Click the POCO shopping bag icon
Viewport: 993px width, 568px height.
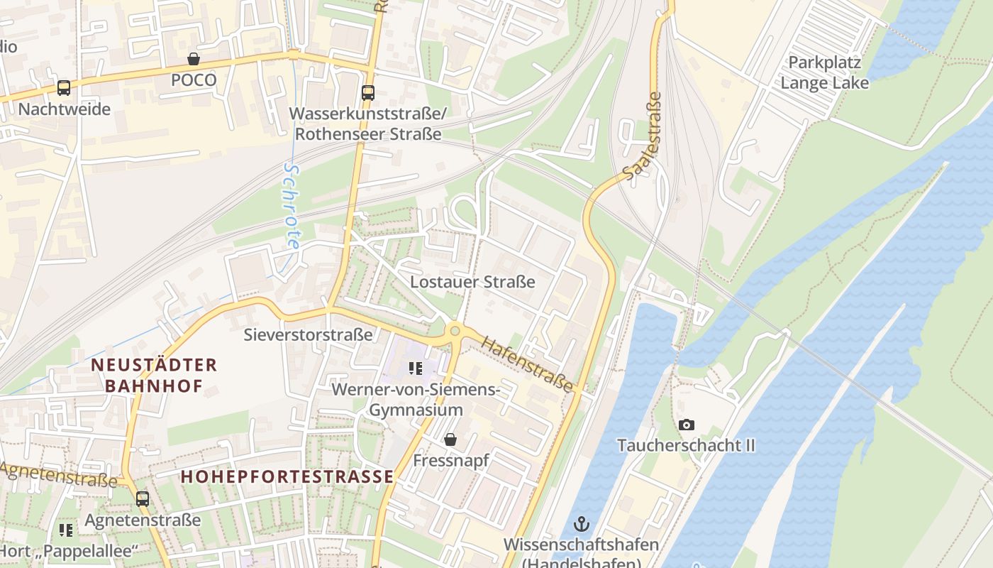click(x=193, y=59)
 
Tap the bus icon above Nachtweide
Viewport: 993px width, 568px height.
click(x=64, y=88)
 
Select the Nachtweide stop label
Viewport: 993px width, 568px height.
click(x=64, y=109)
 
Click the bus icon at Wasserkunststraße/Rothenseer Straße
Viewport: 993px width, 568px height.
click(x=367, y=92)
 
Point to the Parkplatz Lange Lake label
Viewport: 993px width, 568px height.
click(x=824, y=72)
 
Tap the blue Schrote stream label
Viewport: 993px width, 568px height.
click(x=292, y=206)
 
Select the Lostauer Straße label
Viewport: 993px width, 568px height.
click(x=472, y=282)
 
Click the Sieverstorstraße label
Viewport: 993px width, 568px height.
click(x=308, y=334)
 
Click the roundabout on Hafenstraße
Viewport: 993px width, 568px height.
click(x=455, y=330)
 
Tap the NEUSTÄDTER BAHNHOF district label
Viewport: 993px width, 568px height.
click(x=154, y=376)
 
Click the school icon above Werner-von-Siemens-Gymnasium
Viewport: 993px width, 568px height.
click(x=416, y=368)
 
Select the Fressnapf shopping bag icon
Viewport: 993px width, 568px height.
click(x=450, y=440)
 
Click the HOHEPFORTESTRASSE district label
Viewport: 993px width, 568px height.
click(x=287, y=476)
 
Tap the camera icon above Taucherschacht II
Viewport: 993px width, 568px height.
click(x=686, y=425)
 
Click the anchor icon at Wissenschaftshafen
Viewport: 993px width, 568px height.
click(x=581, y=524)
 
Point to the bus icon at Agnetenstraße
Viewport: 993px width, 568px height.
click(x=143, y=498)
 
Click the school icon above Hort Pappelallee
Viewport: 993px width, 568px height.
click(x=66, y=530)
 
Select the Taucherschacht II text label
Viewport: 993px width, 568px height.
click(x=686, y=445)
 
